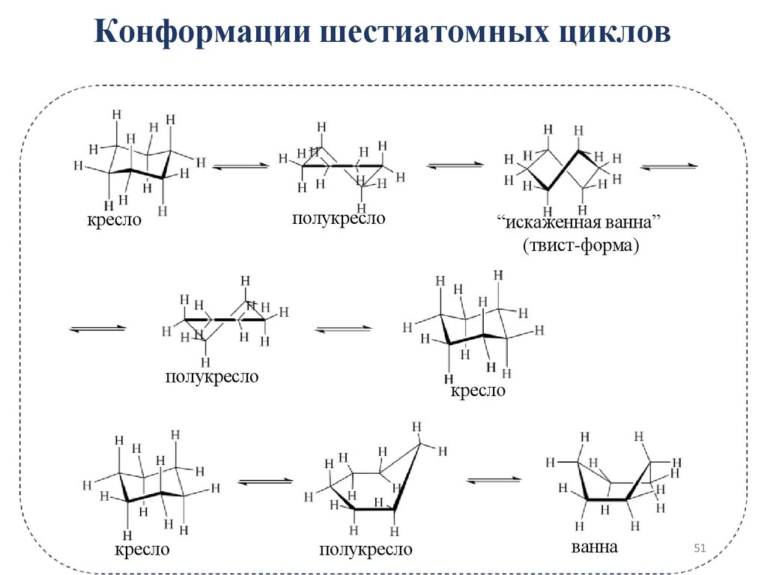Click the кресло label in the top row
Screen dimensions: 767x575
click(x=113, y=221)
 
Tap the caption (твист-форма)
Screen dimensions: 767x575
click(x=577, y=246)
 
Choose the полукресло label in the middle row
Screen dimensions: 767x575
click(x=212, y=376)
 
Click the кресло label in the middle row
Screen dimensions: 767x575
click(x=478, y=392)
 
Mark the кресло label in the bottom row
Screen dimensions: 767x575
click(x=142, y=550)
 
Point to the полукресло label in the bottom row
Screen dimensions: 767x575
click(x=366, y=550)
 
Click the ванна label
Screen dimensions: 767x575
click(x=595, y=547)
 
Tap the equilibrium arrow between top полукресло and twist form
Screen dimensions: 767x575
click(x=454, y=165)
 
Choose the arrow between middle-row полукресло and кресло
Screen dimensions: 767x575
click(x=343, y=329)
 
